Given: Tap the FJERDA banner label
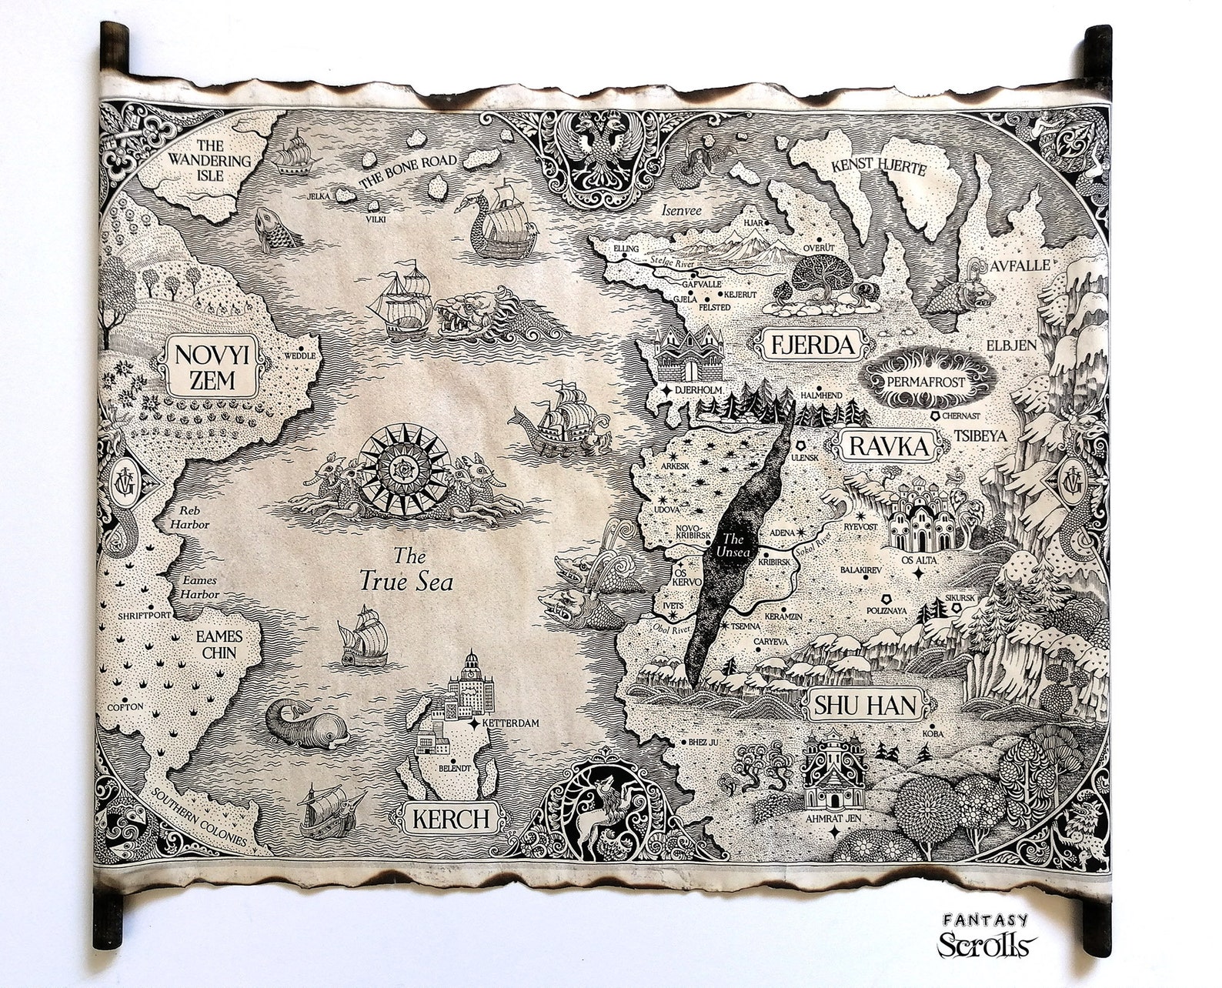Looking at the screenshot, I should (x=812, y=345).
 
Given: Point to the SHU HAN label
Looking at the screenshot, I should (x=866, y=705).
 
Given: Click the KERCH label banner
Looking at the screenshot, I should (x=450, y=819).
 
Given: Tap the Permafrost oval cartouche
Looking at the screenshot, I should (x=926, y=380).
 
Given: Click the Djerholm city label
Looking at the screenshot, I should (x=696, y=390).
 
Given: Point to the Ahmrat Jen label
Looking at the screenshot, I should (x=833, y=818).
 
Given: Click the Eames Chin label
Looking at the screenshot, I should (x=219, y=645).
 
